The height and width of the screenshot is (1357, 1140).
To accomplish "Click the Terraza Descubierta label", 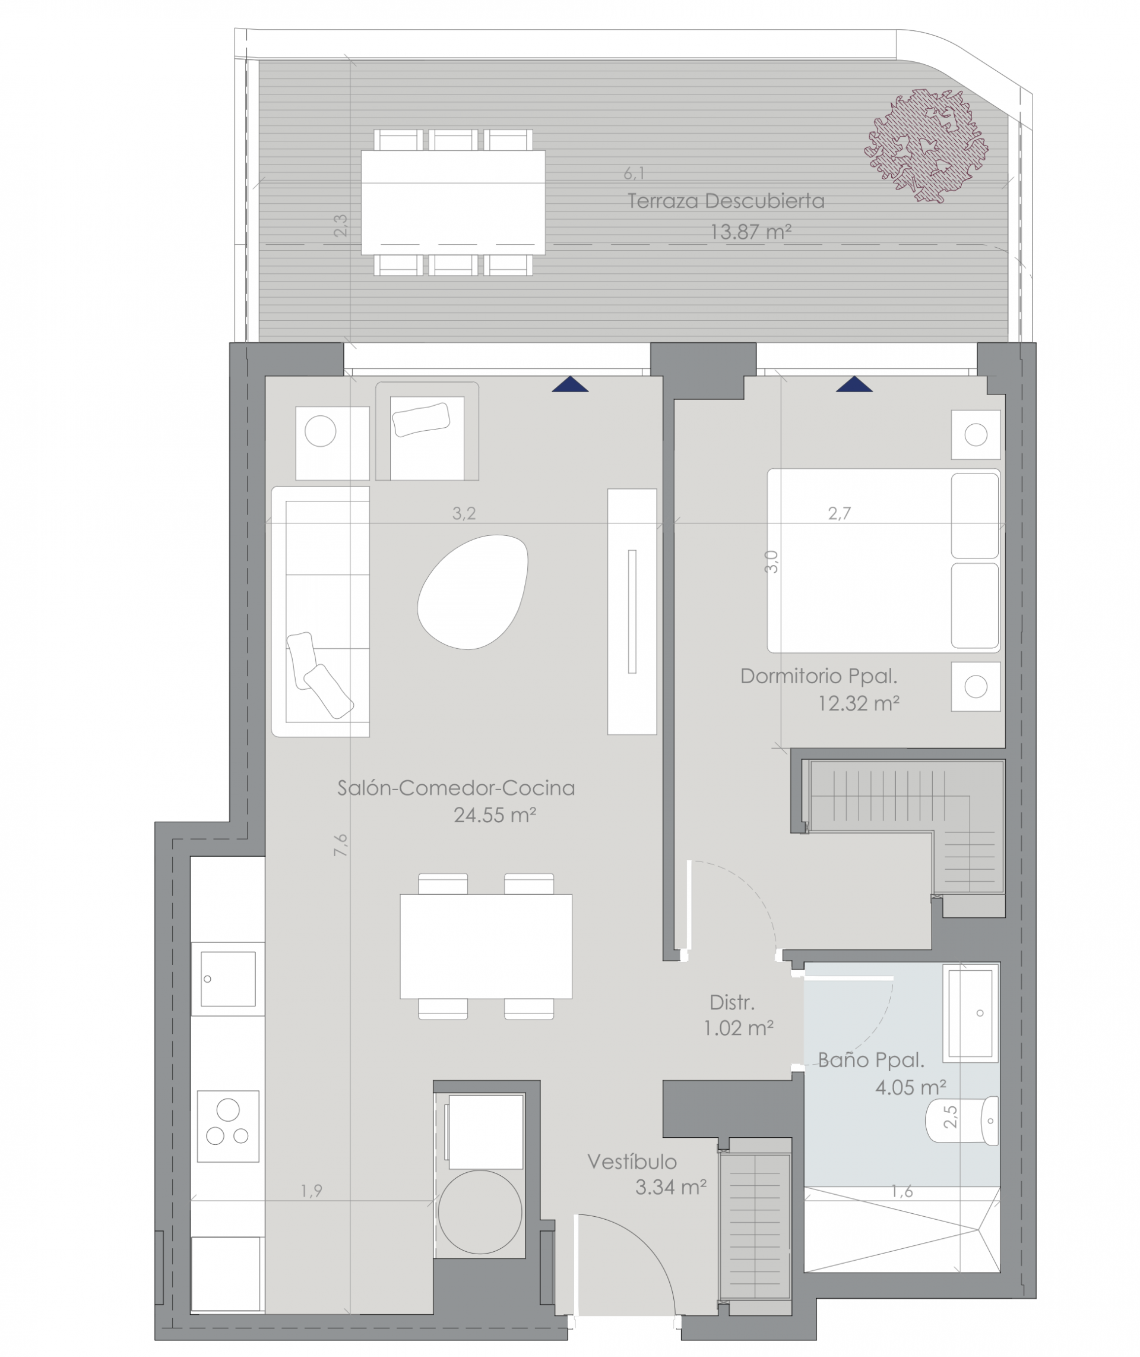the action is [x=726, y=201].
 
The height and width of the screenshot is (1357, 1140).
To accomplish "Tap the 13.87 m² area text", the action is [x=751, y=232].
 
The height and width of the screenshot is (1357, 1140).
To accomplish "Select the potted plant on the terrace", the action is [x=926, y=146].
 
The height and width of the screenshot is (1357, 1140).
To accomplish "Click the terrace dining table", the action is [x=453, y=203].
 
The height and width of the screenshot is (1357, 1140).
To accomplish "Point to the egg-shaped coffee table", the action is [x=473, y=592].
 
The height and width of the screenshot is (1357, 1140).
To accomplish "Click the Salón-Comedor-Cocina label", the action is [x=456, y=787].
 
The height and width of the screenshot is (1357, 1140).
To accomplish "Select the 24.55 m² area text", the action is [x=495, y=815].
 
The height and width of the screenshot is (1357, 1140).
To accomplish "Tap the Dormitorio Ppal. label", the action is [x=819, y=676].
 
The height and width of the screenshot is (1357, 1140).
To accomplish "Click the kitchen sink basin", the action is [x=228, y=979].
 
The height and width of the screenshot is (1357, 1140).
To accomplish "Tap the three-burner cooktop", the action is [x=228, y=1126].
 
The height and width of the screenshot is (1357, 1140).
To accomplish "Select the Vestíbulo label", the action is [x=632, y=1162].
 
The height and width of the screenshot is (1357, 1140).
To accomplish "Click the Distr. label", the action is [x=732, y=1003].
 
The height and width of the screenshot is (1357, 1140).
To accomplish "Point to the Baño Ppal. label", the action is [x=871, y=1061].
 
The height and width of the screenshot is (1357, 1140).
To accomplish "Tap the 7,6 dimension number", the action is [x=341, y=845].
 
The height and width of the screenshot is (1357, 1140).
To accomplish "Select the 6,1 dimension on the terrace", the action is [x=634, y=173].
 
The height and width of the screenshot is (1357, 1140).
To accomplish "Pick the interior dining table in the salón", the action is [x=486, y=946].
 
